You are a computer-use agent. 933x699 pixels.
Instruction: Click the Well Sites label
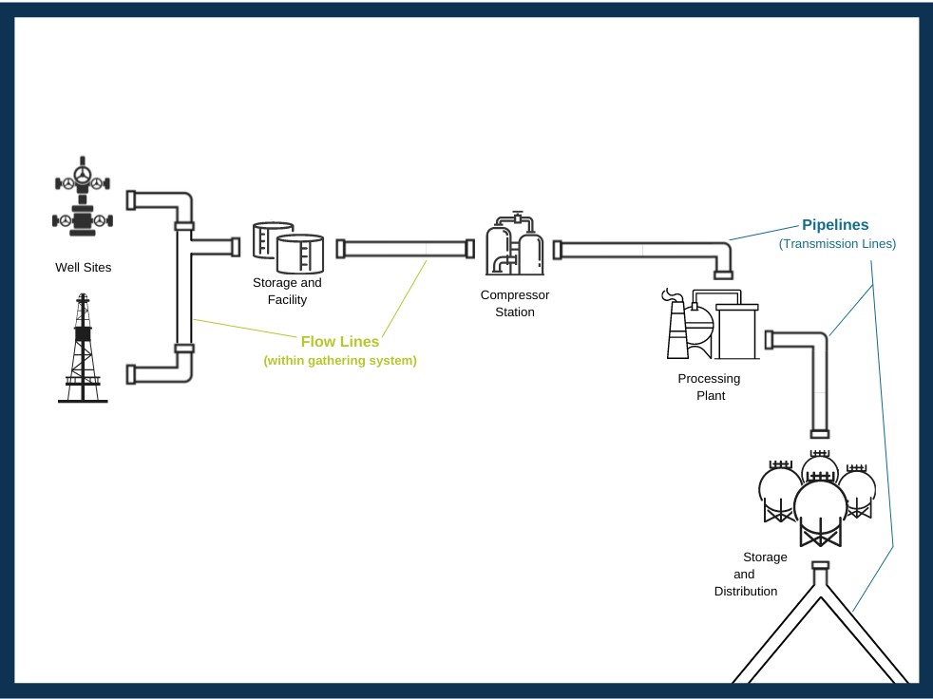pyautogui.click(x=83, y=268)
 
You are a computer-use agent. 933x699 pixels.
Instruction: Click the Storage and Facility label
pyautogui.click(x=287, y=292)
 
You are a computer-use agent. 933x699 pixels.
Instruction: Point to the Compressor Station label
pyautogui.click(x=515, y=303)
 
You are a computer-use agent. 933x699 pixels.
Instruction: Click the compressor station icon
pyautogui.click(x=515, y=244)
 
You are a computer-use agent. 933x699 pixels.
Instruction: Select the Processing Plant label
pyautogui.click(x=709, y=387)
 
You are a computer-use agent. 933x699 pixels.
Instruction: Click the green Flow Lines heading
pyautogui.click(x=340, y=342)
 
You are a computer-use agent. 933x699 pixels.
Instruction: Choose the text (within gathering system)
pyautogui.click(x=340, y=361)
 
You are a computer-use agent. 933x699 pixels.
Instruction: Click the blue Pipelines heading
pyautogui.click(x=835, y=225)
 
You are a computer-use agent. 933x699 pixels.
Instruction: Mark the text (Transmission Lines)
pyautogui.click(x=837, y=244)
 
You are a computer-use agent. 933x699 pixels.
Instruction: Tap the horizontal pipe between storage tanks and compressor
pyautogui.click(x=406, y=249)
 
